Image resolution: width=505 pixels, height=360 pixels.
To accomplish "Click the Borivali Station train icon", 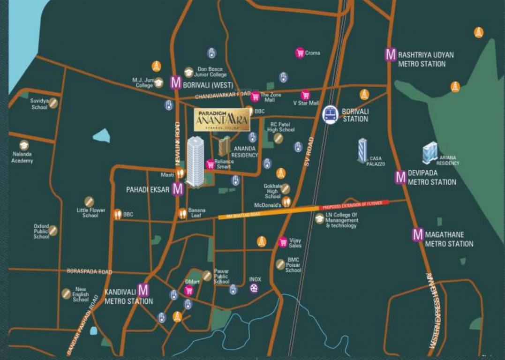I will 331,114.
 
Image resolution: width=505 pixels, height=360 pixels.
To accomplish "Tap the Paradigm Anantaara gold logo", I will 222,120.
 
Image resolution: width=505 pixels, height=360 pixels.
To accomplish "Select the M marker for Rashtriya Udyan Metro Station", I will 391,54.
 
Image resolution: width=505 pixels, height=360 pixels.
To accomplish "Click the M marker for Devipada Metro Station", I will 400,177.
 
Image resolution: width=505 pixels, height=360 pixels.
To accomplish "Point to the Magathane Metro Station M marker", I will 418,234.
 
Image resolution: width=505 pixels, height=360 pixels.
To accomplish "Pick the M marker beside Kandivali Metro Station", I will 143,290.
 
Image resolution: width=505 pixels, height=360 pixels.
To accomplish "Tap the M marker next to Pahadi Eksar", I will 178,189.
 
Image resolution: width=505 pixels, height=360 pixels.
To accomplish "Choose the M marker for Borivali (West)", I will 176,83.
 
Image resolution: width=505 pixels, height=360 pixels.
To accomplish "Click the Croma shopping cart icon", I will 300,53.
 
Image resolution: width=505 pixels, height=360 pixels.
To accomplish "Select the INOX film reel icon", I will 254,288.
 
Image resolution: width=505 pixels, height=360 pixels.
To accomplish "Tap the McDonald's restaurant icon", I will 286,202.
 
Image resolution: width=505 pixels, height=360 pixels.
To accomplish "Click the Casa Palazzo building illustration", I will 362,150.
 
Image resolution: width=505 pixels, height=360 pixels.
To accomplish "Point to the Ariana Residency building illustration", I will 430,152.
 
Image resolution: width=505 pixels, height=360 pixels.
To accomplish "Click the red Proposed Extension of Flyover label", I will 354,204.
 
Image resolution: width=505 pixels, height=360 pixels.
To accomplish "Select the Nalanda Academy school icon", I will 24,145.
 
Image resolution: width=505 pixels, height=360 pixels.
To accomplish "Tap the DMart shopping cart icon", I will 189,290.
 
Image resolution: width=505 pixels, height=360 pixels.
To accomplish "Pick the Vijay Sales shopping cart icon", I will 283,242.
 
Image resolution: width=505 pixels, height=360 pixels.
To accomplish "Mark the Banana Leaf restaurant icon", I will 182,214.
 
